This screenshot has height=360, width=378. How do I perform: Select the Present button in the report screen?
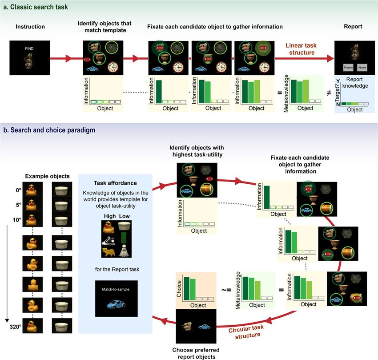pos(348,68)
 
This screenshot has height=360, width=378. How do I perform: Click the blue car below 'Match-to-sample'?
pos(117,306)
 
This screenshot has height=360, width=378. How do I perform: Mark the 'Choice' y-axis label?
pos(180,289)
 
